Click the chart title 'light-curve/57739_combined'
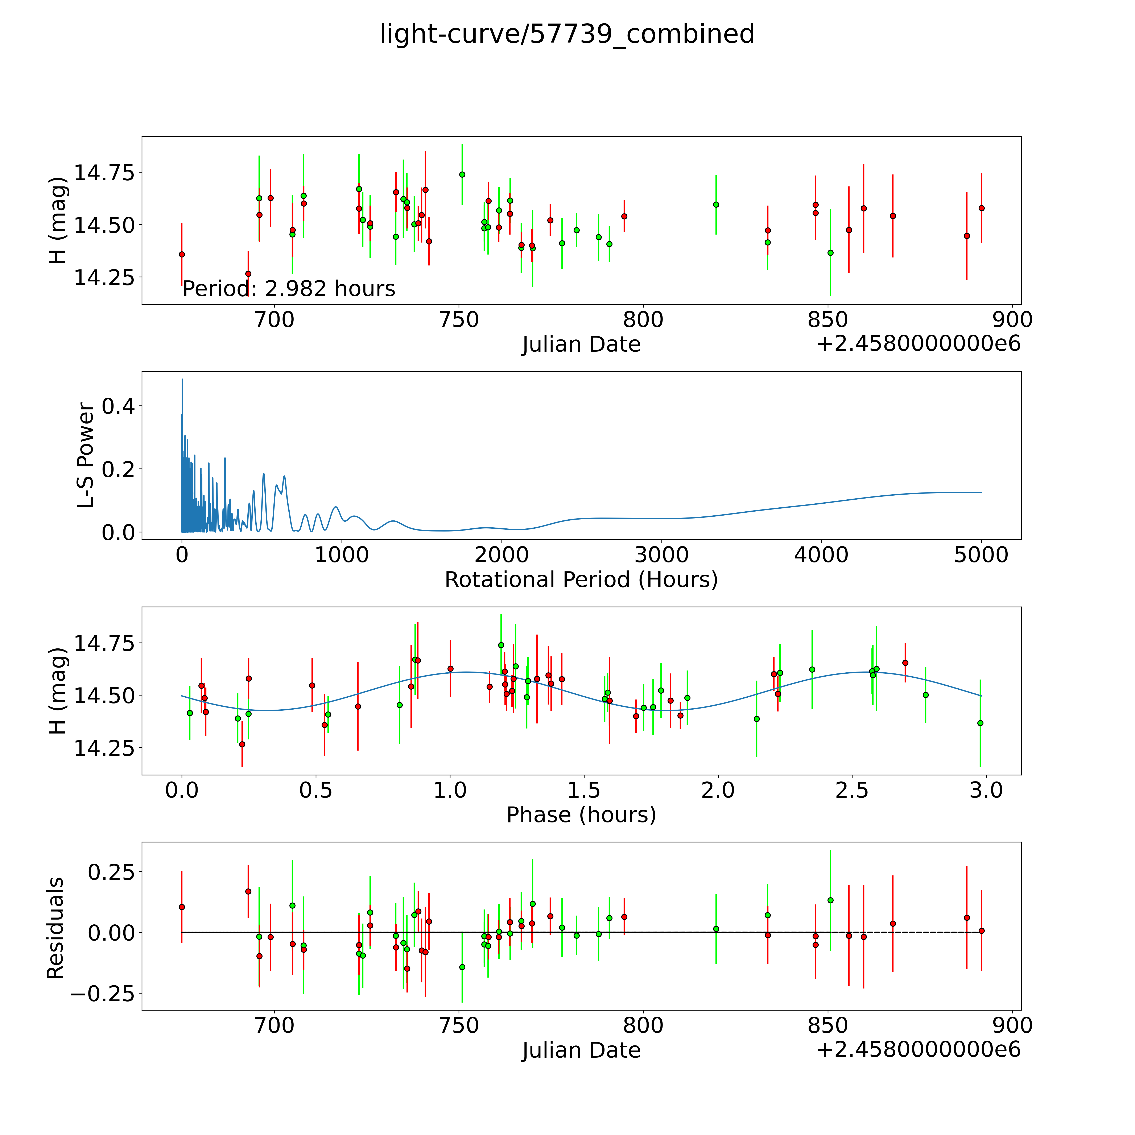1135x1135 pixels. click(x=567, y=34)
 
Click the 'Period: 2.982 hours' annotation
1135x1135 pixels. click(x=288, y=289)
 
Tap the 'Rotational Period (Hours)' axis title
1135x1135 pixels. click(x=581, y=580)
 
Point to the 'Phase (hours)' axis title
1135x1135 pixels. click(x=581, y=815)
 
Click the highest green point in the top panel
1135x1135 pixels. click(x=462, y=174)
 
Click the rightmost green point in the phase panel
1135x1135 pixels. click(x=980, y=723)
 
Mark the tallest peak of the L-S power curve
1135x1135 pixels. click(x=182, y=380)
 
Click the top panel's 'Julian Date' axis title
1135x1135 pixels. click(x=581, y=344)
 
